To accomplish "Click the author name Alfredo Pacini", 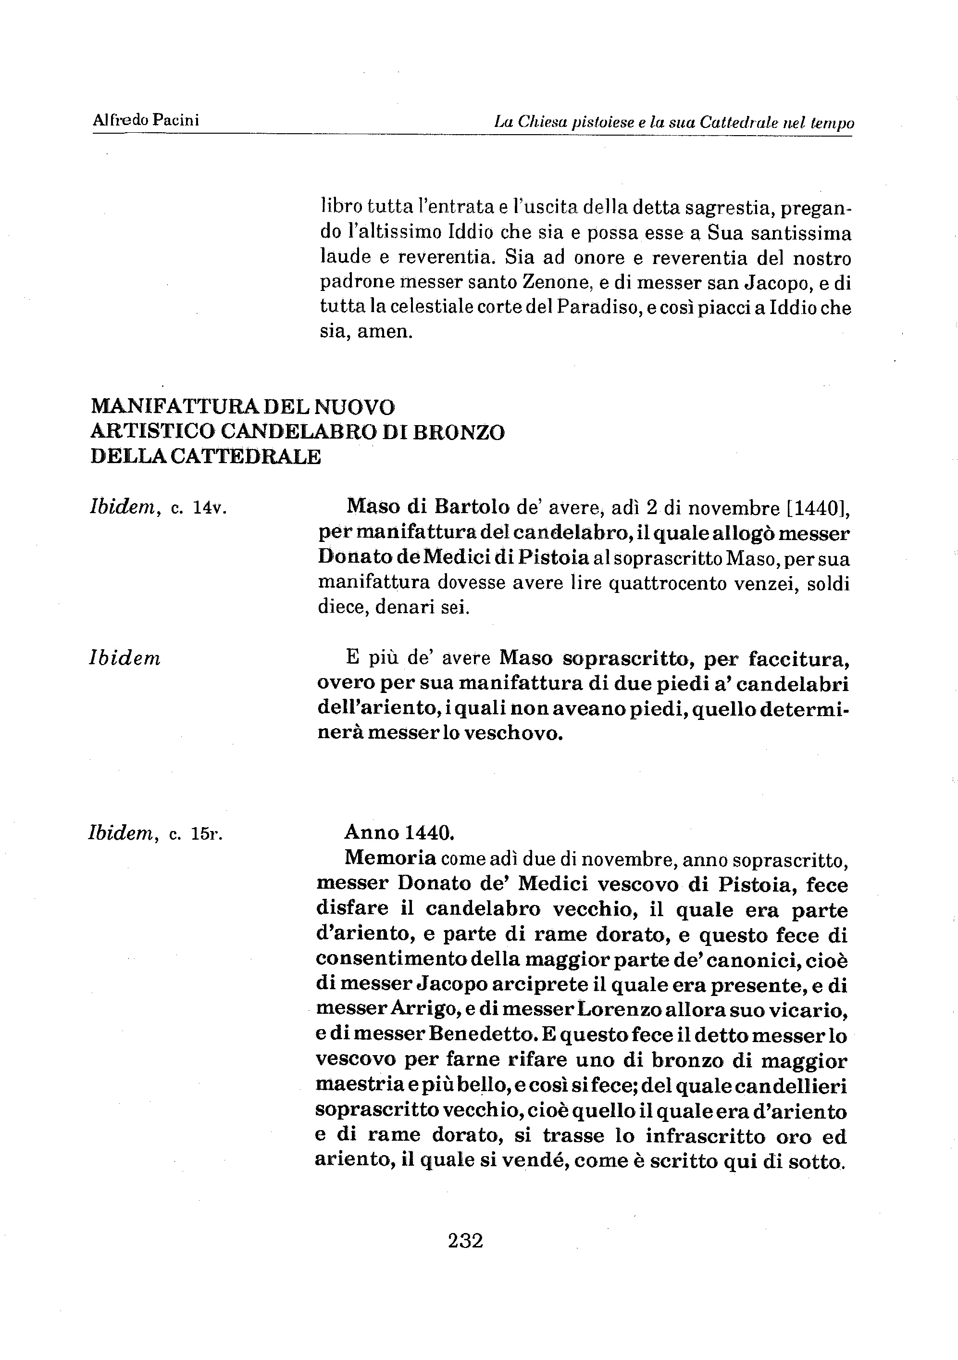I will click(x=146, y=120).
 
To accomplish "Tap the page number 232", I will click(x=465, y=1240).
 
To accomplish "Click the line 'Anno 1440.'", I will click(x=399, y=833).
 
